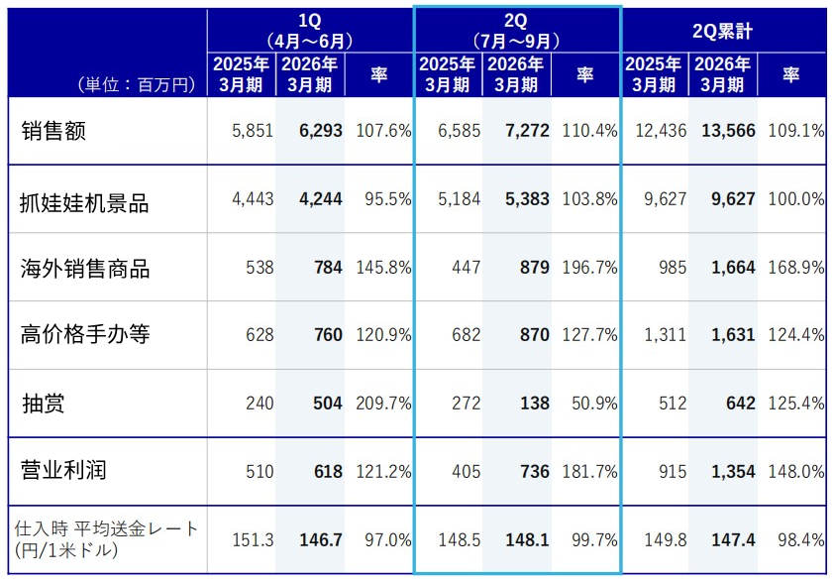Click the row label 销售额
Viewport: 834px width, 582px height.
(53, 130)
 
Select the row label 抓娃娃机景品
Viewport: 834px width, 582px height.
(84, 203)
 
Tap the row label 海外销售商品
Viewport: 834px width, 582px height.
(84, 269)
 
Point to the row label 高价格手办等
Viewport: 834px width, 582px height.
(84, 334)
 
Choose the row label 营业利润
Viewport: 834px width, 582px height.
(63, 470)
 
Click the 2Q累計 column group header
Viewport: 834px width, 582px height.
(723, 31)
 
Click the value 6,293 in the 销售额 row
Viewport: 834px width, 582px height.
(320, 130)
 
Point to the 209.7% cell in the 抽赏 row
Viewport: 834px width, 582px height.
(381, 404)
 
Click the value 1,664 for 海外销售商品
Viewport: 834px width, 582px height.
(732, 269)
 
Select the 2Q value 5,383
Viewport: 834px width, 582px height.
(527, 199)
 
